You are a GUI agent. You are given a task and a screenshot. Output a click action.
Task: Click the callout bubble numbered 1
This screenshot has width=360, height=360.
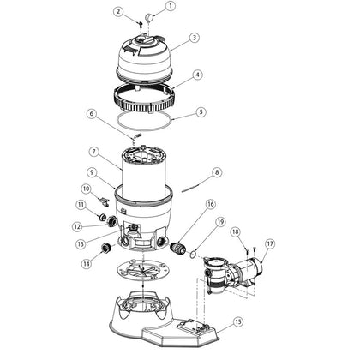[x=171, y=6]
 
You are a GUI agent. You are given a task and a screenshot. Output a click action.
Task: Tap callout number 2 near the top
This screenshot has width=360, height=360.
[x=118, y=12]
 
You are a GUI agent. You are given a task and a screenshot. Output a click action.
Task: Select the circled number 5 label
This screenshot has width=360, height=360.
[x=201, y=111]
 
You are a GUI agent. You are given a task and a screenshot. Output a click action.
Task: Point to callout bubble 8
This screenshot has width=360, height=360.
[x=217, y=172]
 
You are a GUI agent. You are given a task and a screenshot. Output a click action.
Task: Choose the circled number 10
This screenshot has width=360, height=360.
[x=87, y=189]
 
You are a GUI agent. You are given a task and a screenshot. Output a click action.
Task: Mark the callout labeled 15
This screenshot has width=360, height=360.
[x=237, y=321]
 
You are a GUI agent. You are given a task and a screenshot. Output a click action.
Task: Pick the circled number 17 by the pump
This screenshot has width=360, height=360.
[x=270, y=243]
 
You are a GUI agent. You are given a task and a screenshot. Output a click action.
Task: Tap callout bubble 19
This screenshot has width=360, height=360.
[x=220, y=222]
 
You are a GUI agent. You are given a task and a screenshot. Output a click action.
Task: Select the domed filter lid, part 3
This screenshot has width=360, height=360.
[x=145, y=56]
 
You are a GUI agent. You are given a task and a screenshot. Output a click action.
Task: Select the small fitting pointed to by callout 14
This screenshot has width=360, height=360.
[x=105, y=248]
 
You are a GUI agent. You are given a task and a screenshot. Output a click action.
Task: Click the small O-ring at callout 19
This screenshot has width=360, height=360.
[x=194, y=253]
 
